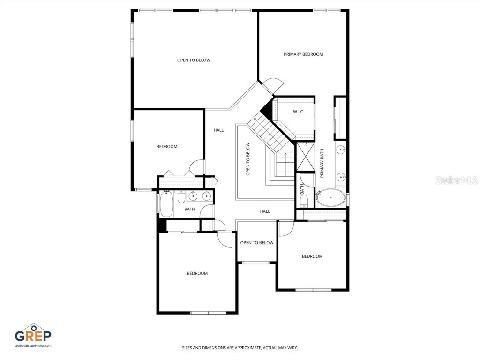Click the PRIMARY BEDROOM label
point(303,54)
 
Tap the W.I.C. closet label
point(299,112)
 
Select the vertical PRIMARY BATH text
point(322,163)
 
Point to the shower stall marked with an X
point(305,157)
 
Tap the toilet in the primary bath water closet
point(304,201)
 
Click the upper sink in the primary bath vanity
point(341,150)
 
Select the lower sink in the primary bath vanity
point(341,177)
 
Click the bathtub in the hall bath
point(166,204)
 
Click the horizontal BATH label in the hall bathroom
point(189,209)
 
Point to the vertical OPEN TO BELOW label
point(248,159)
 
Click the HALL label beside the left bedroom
point(218,130)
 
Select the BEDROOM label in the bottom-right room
point(312,256)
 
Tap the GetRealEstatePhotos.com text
point(33,346)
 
